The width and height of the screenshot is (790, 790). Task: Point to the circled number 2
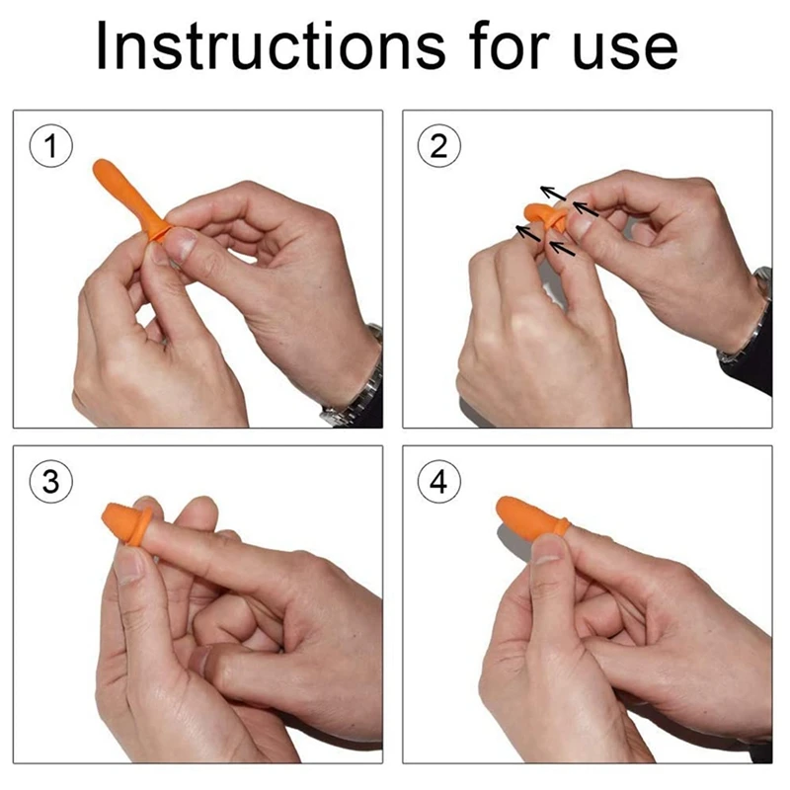434,146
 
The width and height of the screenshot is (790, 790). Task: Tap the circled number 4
434,483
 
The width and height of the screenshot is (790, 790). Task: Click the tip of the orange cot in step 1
100,165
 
